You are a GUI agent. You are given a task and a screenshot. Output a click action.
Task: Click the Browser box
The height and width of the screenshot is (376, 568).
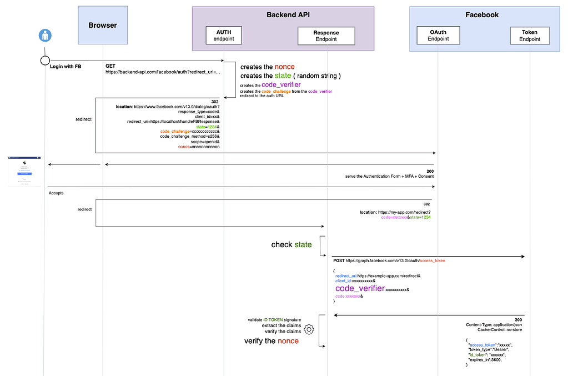coord(103,25)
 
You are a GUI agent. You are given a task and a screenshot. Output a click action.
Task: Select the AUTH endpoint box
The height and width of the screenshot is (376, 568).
coord(224,36)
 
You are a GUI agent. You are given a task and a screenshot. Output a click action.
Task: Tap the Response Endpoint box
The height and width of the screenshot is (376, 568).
coord(326,36)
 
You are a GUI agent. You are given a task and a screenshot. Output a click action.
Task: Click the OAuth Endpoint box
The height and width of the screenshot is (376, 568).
coord(438,36)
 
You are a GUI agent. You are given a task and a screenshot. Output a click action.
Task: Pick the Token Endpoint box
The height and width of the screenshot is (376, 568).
coord(530,36)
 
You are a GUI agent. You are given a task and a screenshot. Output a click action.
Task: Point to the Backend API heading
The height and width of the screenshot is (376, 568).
coord(283,15)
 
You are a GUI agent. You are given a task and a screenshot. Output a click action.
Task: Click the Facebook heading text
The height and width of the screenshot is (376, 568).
coord(482,15)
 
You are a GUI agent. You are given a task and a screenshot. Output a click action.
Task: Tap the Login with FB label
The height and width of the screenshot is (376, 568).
coord(66,66)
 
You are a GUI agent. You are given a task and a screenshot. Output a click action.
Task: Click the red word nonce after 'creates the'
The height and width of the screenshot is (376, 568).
coord(284,67)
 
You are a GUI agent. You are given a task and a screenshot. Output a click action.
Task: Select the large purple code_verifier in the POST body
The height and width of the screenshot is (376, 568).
coord(360,288)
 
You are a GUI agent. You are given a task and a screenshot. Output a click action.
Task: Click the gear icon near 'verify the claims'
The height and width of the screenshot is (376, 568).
coord(309,329)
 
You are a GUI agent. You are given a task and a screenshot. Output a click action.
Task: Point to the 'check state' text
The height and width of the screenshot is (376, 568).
coord(291,244)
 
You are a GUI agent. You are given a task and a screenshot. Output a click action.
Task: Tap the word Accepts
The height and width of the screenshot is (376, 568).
coord(57,193)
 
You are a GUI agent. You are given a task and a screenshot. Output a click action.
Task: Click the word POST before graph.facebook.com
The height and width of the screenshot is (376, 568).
coord(339,260)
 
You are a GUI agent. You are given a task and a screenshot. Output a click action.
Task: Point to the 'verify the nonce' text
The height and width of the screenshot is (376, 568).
coord(272,341)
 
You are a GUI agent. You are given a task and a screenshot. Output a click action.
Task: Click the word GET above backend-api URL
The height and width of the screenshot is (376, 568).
coord(110,66)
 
